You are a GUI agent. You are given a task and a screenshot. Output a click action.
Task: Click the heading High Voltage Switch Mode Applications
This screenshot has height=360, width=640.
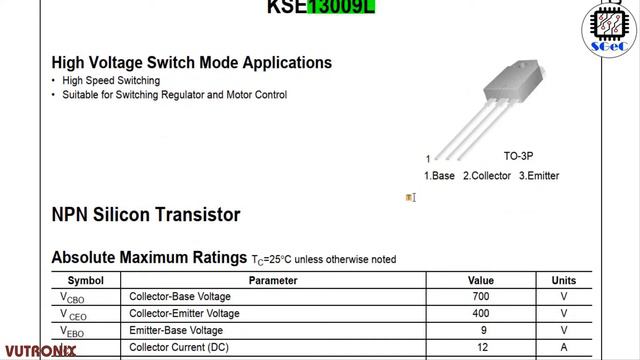[191, 62]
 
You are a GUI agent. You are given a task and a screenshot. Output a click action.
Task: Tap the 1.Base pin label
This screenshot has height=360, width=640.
[439, 176]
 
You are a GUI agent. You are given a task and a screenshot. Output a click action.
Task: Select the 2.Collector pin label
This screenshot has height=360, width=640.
[487, 176]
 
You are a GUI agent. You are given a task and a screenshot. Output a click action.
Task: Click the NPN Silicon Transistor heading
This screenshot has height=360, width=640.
[145, 214]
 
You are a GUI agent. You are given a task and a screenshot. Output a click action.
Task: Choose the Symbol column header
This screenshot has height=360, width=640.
[85, 281]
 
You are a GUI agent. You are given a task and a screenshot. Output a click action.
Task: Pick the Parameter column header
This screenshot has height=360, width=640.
[273, 281]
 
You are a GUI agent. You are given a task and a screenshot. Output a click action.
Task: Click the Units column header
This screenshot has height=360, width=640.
[564, 281]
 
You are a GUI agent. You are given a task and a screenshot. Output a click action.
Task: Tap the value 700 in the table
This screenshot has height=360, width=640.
[481, 297]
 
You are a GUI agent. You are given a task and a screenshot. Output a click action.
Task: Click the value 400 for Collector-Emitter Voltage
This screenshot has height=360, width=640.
[481, 313]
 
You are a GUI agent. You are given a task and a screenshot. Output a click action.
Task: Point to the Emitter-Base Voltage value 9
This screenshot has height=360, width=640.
[481, 330]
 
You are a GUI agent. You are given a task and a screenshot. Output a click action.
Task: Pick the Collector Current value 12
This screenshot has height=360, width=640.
[481, 347]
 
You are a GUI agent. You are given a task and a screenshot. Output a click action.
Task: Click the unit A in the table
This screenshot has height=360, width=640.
[564, 347]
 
